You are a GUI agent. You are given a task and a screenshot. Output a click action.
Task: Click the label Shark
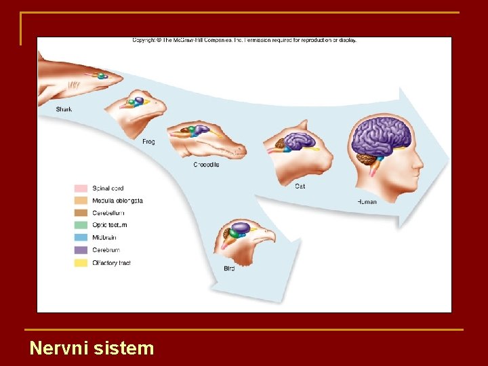[64, 109]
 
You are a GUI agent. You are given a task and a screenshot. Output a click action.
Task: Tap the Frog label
[148, 142]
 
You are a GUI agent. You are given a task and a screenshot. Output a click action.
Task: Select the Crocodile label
[206, 165]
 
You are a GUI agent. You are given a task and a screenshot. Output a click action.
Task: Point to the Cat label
[300, 186]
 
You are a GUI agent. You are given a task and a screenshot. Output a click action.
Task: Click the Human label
[367, 202]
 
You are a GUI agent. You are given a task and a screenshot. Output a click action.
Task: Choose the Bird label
[229, 269]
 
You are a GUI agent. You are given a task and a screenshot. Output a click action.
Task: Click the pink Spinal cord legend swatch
[81, 188]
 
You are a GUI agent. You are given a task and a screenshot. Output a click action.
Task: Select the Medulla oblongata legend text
[117, 201]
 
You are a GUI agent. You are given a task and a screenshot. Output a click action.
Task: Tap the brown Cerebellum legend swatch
[81, 213]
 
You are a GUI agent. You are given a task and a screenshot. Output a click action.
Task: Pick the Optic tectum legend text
[110, 225]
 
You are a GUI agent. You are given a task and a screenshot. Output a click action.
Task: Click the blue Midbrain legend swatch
[81, 238]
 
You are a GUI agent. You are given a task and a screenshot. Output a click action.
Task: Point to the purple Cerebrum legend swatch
[81, 250]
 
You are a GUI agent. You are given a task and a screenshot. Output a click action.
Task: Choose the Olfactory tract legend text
[111, 263]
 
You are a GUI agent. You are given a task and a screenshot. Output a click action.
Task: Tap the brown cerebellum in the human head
[367, 160]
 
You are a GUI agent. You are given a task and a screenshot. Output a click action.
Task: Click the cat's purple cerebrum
[300, 140]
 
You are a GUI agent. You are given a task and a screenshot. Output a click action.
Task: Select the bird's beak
[267, 237]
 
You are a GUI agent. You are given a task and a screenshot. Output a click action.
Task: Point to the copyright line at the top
[244, 40]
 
